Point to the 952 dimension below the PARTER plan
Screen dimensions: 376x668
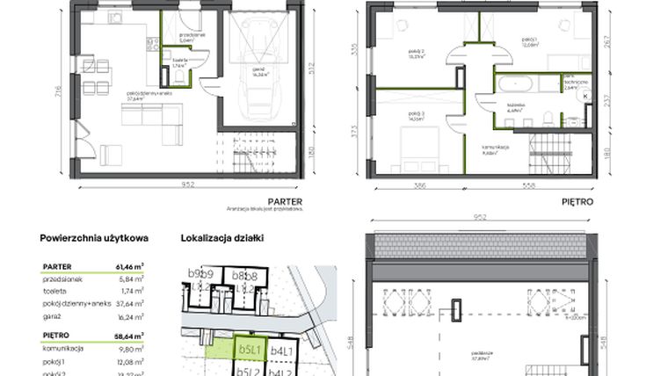186,185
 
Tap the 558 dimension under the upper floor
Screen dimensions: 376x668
528,185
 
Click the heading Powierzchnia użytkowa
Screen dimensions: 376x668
94,237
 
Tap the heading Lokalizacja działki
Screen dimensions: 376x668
221,237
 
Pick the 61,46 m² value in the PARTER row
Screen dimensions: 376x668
132,265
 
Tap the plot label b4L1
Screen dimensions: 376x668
280,351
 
